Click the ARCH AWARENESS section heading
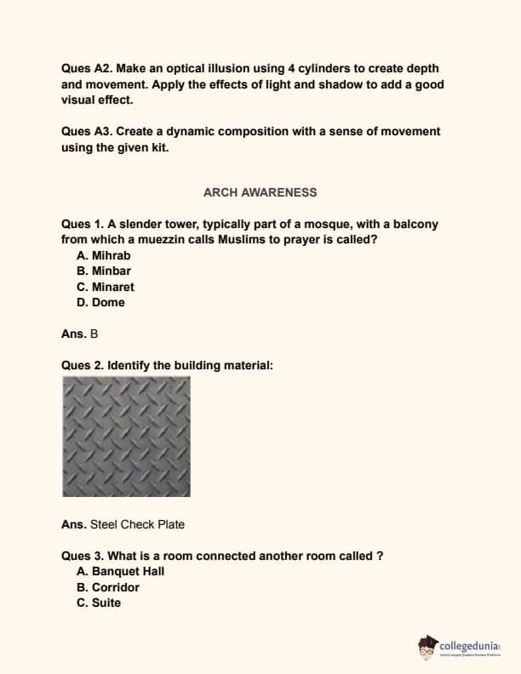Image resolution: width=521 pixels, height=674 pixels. click(x=260, y=192)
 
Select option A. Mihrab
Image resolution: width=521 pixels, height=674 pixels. click(x=103, y=255)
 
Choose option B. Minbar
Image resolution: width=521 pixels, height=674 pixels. click(x=103, y=271)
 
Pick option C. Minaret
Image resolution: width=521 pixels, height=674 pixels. click(x=105, y=287)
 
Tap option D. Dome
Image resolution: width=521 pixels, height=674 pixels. click(x=100, y=302)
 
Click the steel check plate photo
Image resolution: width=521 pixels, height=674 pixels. click(x=126, y=437)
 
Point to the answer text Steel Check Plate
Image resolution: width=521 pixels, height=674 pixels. click(x=137, y=524)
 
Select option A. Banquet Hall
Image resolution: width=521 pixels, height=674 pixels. click(x=120, y=571)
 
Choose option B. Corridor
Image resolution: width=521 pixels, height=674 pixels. click(x=107, y=587)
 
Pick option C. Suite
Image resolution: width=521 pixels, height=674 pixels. click(x=99, y=603)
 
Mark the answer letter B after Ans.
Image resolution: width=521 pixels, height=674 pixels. click(x=94, y=334)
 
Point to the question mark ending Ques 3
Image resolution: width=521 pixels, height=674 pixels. click(x=380, y=556)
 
